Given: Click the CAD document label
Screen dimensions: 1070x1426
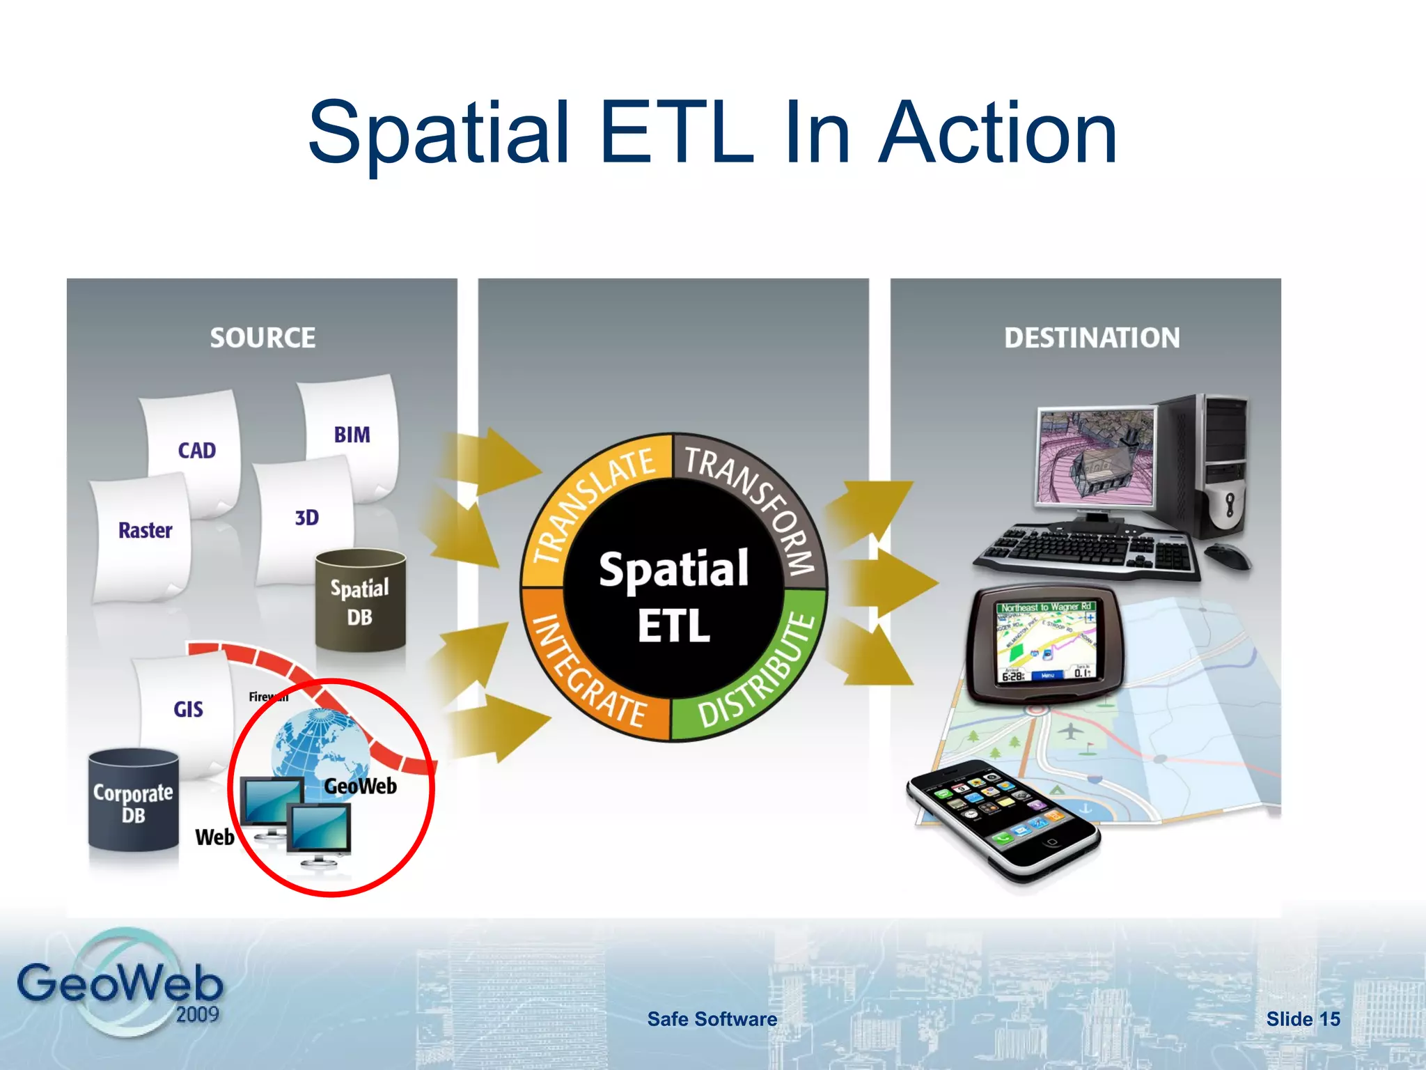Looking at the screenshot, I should coord(196,451).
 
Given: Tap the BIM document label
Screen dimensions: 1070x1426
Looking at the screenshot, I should coord(352,435).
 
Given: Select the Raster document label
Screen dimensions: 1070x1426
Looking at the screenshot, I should coord(145,531).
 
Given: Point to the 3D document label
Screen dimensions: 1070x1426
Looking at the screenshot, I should coord(306,518).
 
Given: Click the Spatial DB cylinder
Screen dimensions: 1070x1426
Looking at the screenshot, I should coord(360,601).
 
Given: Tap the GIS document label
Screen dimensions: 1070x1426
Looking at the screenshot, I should coord(188,710).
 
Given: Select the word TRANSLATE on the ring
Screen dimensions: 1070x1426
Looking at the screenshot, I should coord(592,502).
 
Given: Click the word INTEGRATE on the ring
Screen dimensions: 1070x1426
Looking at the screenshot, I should coord(588,672).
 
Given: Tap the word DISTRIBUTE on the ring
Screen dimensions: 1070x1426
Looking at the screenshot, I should coord(759,672).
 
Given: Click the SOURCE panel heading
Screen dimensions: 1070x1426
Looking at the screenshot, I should coord(263,338).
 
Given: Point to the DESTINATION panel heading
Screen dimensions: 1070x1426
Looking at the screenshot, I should coord(1091,338).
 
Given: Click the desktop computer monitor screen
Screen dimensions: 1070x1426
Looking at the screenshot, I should coord(1095,456).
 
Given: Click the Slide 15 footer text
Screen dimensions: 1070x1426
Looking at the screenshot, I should coord(1303,1019).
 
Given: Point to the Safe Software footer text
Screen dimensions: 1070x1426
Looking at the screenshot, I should coord(712,1019).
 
